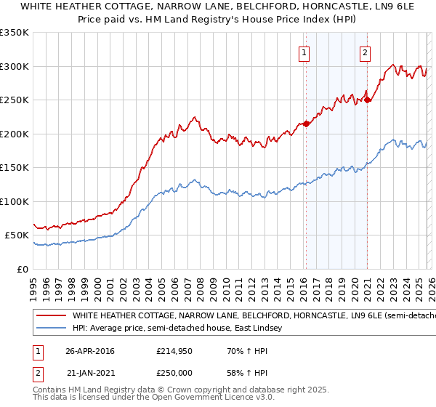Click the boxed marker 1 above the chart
(x=303, y=52)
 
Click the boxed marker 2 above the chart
(x=364, y=52)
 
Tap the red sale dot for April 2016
(x=306, y=124)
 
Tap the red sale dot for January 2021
(x=368, y=100)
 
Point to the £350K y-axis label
(x=15, y=33)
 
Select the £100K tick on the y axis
(x=15, y=201)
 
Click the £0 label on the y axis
(x=22, y=269)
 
